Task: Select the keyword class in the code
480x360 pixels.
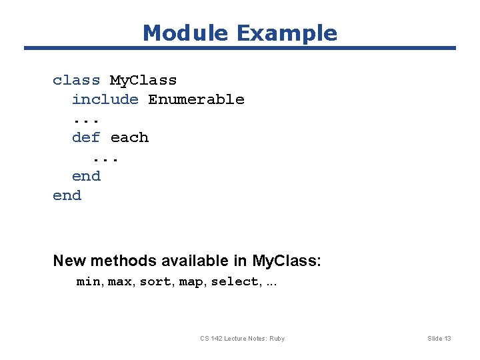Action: click(x=76, y=81)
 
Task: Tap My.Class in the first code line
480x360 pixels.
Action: click(x=143, y=81)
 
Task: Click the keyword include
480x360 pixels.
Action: click(x=105, y=100)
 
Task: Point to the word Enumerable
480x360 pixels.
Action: click(x=196, y=100)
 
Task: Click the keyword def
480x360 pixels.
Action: click(x=86, y=138)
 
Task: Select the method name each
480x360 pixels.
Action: click(x=129, y=138)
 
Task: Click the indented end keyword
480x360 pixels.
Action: click(x=86, y=177)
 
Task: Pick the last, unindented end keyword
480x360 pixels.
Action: click(x=67, y=196)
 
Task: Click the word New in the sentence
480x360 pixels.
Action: click(x=69, y=261)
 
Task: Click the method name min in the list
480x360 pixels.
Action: click(x=89, y=282)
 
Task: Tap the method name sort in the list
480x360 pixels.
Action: click(x=155, y=282)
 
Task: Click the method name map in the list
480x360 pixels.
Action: click(x=192, y=282)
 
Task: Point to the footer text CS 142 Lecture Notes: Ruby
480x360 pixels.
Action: click(x=242, y=339)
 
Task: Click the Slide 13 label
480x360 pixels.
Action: click(x=439, y=339)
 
